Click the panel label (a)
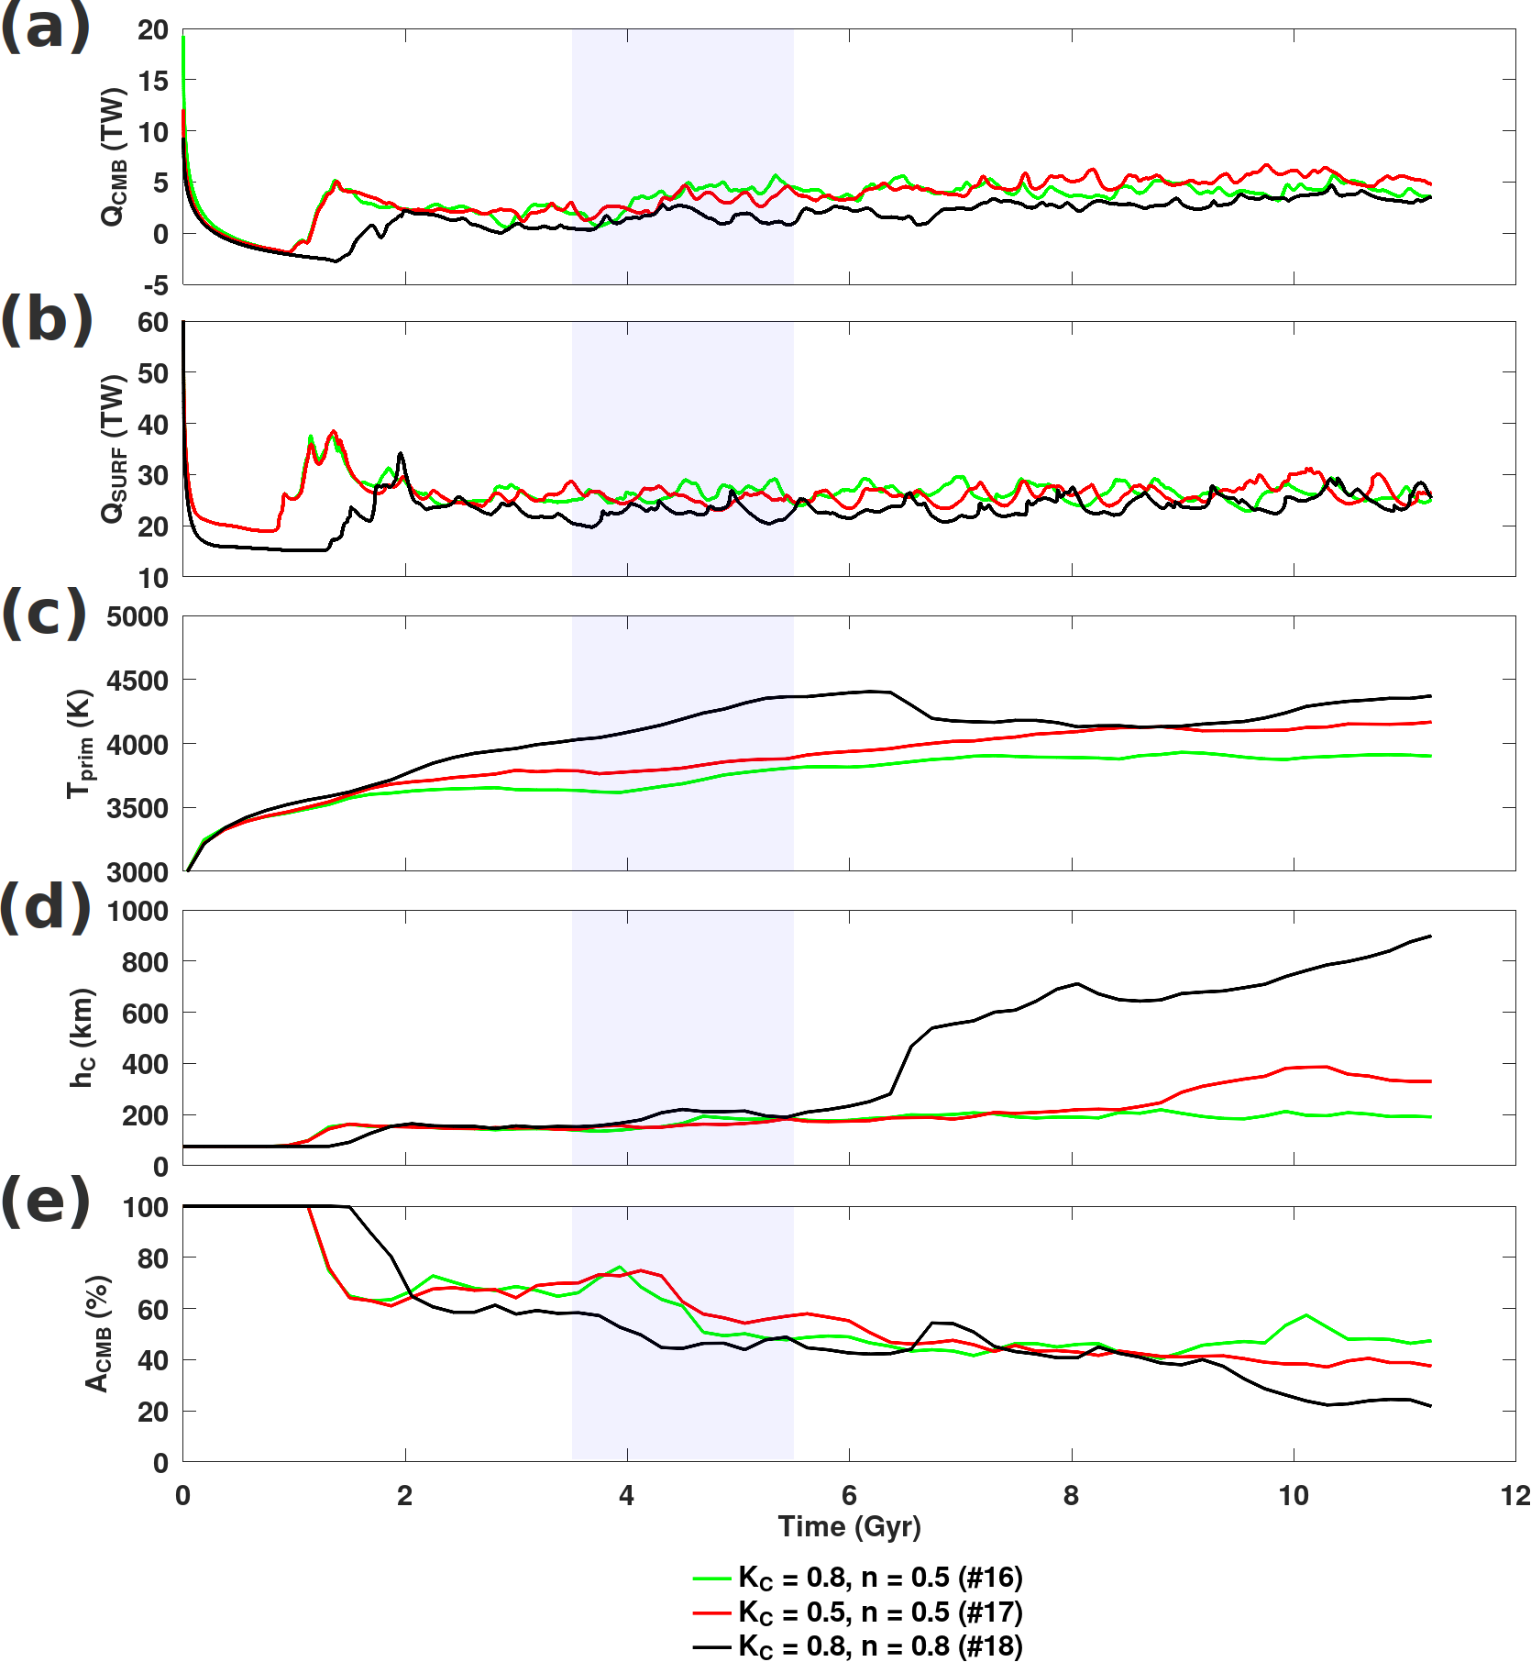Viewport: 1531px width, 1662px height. coord(46,28)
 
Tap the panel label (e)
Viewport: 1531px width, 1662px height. coord(46,1202)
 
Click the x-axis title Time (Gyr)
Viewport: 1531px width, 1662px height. coord(849,1526)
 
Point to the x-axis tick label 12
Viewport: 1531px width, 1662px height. coord(1515,1496)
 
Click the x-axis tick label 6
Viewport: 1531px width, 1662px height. coord(849,1496)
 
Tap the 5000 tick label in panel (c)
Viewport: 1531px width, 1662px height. coord(138,616)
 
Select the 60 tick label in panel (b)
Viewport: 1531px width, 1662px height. coord(153,323)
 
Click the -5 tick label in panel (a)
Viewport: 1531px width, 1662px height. coord(155,285)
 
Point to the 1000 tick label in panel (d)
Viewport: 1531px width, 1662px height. coord(138,912)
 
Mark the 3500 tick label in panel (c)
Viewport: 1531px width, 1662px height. coord(138,808)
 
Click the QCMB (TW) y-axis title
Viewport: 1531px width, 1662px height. coord(113,157)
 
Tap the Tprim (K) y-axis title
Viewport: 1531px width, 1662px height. coord(81,743)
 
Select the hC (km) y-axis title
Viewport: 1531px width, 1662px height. coord(83,1037)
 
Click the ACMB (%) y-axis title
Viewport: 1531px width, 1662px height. coord(98,1333)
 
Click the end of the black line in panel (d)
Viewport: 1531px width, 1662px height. coord(1430,936)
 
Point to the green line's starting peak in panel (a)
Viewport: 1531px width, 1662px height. coord(183,38)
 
